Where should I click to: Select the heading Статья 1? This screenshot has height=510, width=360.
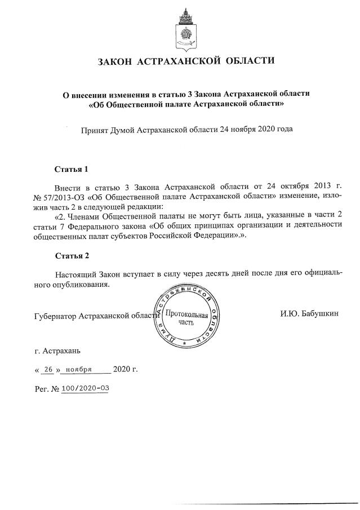click(x=72, y=168)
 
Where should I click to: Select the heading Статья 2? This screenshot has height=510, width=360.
click(x=72, y=256)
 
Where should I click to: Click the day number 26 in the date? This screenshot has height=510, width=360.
click(x=48, y=370)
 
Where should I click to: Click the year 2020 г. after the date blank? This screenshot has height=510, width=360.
click(x=125, y=370)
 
